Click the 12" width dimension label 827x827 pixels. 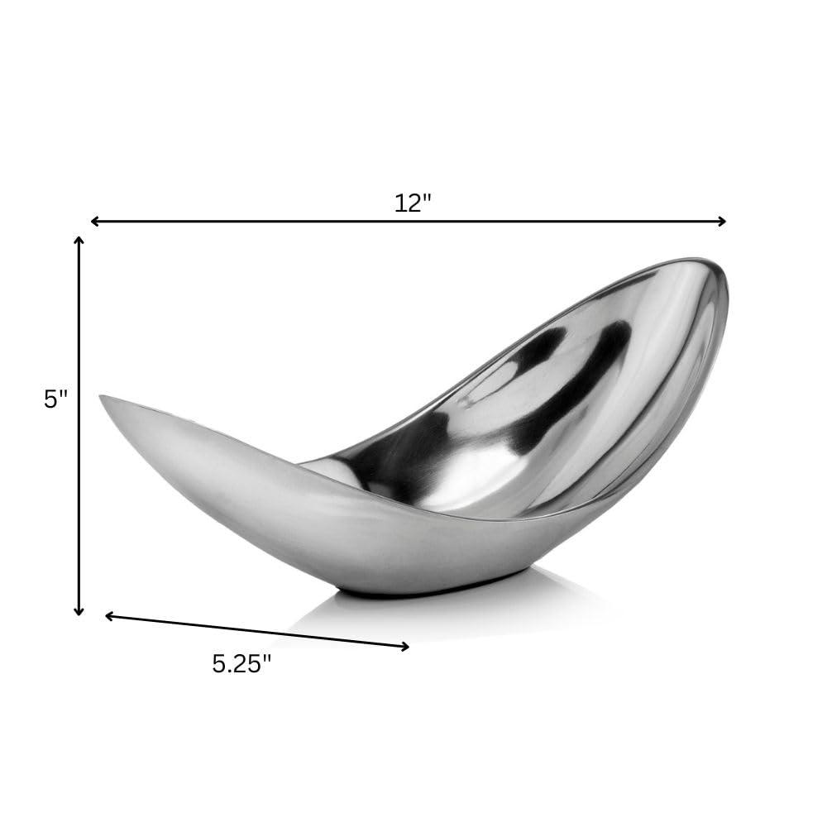pos(413,203)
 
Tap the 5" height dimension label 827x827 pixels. pos(55,399)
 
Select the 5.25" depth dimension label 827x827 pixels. pos(241,664)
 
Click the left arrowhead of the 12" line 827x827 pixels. pos(94,221)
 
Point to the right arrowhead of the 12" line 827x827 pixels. pos(722,221)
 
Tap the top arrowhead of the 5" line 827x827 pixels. pos(79,241)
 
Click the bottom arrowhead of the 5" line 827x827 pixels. pos(79,611)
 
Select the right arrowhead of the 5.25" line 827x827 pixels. pos(405,647)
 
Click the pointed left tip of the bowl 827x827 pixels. pos(103,398)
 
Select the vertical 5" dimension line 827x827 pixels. pos(79,496)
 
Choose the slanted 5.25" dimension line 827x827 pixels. pos(256,631)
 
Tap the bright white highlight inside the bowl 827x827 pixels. pos(480,463)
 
